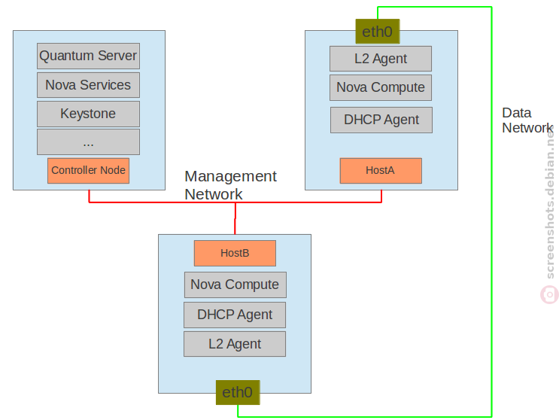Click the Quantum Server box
(89, 56)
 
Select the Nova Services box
(89, 85)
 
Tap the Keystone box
(89, 114)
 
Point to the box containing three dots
(89, 142)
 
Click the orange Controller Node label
(89, 171)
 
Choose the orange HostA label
(381, 171)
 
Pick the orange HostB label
(235, 253)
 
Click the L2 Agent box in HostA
(381, 59)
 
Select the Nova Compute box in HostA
(381, 87)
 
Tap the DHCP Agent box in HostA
(381, 120)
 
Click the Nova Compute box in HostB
(235, 285)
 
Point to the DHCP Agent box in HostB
(235, 315)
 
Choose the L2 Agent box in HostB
(235, 344)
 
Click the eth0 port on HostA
(378, 32)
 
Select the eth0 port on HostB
(238, 393)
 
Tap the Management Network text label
(231, 185)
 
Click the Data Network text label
(527, 120)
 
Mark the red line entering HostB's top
(235, 218)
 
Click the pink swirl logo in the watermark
(549, 295)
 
